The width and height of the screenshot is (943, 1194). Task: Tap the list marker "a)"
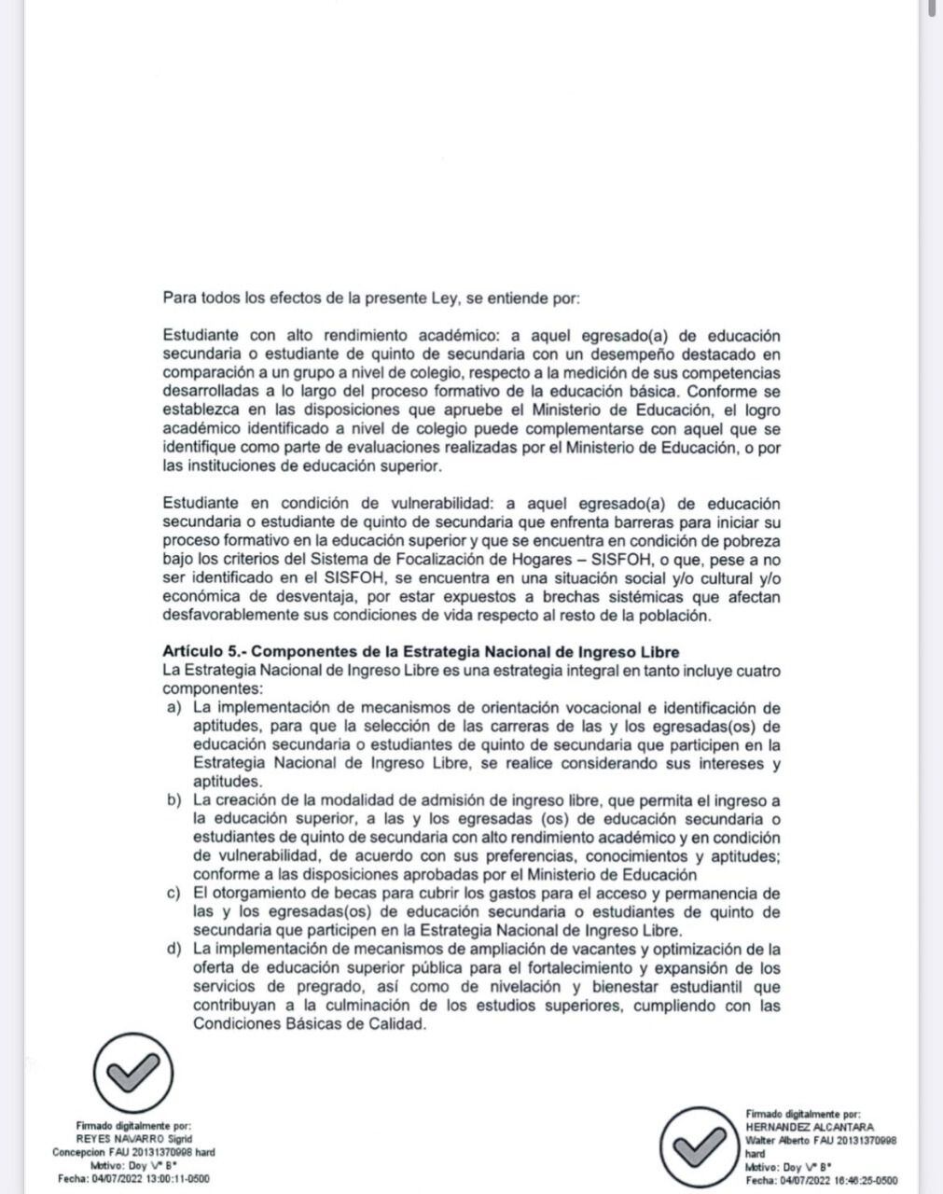(x=173, y=708)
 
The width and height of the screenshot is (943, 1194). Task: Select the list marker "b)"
(x=173, y=800)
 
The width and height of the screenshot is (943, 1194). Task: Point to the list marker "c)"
(x=173, y=894)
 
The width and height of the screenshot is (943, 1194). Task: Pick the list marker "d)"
(x=173, y=950)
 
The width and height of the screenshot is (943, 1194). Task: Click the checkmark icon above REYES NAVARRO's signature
(x=133, y=1075)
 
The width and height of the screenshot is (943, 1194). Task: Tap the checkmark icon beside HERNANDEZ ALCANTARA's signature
(x=700, y=1145)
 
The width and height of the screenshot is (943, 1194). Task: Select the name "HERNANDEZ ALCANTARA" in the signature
(x=810, y=1127)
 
